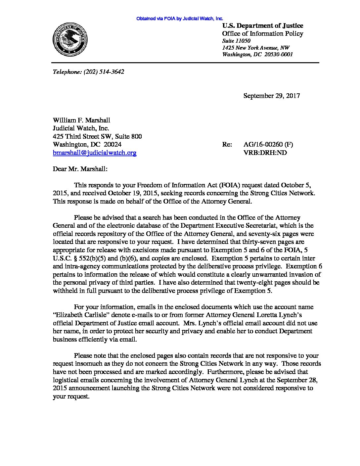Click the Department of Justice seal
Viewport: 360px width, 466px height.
pyautogui.click(x=69, y=40)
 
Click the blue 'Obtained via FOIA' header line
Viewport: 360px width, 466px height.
pyautogui.click(x=180, y=19)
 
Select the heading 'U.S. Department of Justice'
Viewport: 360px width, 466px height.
pyautogui.click(x=262, y=26)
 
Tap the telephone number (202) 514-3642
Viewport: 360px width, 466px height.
pyautogui.click(x=104, y=71)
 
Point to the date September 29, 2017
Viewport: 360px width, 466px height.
pyautogui.click(x=272, y=96)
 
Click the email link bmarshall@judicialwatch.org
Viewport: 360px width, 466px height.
pyautogui.click(x=95, y=153)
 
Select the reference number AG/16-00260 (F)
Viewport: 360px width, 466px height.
pyautogui.click(x=268, y=144)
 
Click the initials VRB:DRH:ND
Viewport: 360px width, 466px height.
pyautogui.click(x=265, y=153)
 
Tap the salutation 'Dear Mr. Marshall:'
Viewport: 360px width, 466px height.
pyautogui.click(x=80, y=169)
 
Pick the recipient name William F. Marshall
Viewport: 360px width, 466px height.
pyautogui.click(x=81, y=120)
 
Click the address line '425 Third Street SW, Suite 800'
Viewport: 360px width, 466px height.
pyautogui.click(x=97, y=136)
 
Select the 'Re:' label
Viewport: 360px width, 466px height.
pyautogui.click(x=227, y=144)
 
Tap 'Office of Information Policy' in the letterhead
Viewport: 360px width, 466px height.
pyautogui.click(x=262, y=34)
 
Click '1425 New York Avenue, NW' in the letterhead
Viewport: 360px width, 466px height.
pyautogui.click(x=256, y=48)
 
